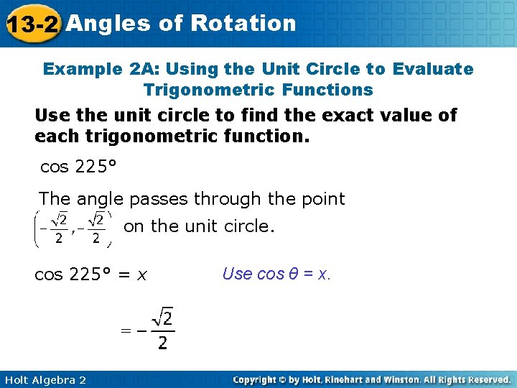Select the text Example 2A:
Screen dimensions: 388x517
click(x=99, y=69)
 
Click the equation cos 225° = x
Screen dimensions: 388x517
click(x=90, y=274)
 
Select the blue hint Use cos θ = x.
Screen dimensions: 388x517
click(x=276, y=274)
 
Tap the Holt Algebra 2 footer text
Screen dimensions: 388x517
click(x=44, y=379)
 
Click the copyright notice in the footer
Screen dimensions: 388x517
click(x=371, y=379)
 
